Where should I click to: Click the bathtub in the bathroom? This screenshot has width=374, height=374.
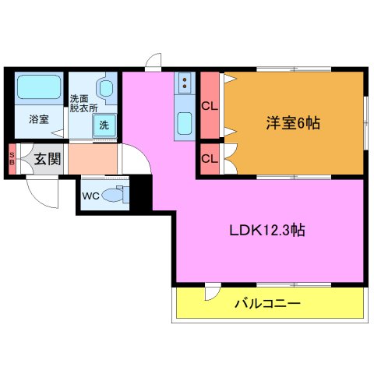point(38,87)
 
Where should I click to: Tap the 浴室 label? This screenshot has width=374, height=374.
point(39,120)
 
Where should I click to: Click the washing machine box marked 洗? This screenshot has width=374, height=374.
point(103,125)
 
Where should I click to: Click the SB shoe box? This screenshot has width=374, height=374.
point(12,159)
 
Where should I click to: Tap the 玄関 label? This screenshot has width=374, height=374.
point(47,160)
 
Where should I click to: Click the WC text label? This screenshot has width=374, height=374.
point(90,196)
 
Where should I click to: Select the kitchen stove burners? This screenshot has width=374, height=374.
point(185,82)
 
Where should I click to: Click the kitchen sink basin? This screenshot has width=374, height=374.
point(185,123)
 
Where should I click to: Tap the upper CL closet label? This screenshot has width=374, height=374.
point(209,106)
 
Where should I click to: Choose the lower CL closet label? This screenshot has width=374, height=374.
point(209,159)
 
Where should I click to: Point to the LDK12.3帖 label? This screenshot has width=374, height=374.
point(266,231)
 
